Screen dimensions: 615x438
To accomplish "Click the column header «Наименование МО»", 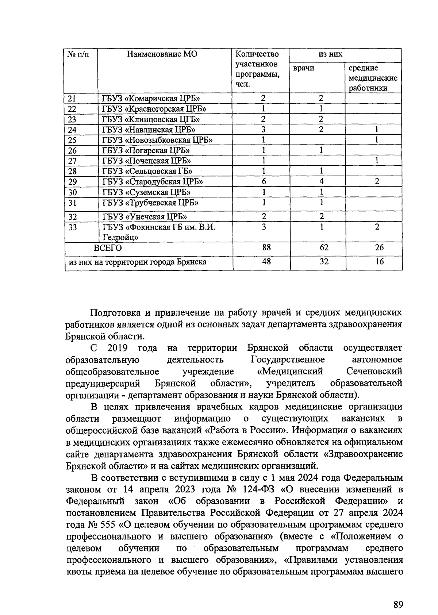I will click(x=162, y=54).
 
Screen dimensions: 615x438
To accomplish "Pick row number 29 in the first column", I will click(x=73, y=182).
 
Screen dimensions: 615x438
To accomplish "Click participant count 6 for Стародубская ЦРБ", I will click(x=264, y=182).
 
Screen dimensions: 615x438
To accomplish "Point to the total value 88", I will click(x=266, y=248).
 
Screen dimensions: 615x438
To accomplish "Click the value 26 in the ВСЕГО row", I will click(x=379, y=248).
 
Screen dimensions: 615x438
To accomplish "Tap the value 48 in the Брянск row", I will click(x=266, y=262).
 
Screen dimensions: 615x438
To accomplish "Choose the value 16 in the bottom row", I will click(x=379, y=262).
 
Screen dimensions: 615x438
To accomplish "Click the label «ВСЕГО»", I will click(x=108, y=248).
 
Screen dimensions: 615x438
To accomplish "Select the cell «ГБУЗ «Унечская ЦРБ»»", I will click(x=145, y=217).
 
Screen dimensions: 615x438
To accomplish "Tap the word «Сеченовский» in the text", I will click(x=374, y=372).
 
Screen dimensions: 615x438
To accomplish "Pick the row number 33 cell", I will click(x=73, y=227).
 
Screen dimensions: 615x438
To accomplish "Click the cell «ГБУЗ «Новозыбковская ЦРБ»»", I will click(x=158, y=140).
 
